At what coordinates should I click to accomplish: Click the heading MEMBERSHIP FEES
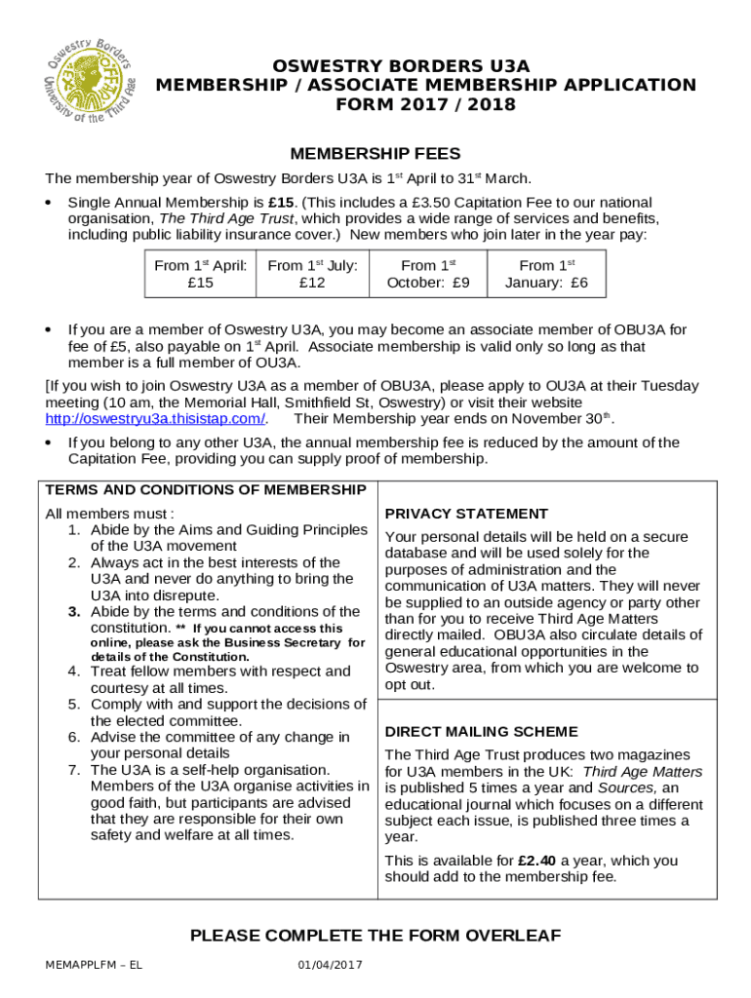(x=375, y=154)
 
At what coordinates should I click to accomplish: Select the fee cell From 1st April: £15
(x=199, y=274)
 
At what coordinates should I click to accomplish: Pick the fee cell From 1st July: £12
(x=312, y=274)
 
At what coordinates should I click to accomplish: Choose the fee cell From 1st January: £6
(x=546, y=274)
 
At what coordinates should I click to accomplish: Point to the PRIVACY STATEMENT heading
(x=466, y=514)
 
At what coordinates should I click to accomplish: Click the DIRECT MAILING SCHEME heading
(x=481, y=732)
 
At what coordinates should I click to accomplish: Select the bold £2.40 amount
(x=537, y=861)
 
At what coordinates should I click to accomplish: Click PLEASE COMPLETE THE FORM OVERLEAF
(x=375, y=936)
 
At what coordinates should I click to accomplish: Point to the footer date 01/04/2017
(x=330, y=965)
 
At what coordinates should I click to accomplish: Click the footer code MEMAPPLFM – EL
(x=94, y=965)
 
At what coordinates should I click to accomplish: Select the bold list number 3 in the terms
(x=74, y=612)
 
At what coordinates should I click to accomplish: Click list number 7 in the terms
(x=74, y=770)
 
